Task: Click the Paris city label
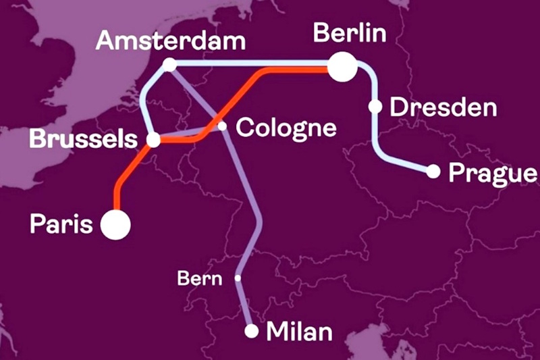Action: pos(60,224)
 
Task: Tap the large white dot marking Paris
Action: pos(115,224)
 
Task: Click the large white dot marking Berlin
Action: pos(343,67)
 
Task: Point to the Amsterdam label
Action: pos(169,40)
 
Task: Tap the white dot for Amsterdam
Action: pos(169,65)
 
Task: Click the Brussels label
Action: pos(79,140)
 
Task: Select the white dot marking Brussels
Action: pos(154,140)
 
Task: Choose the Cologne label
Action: pos(285,127)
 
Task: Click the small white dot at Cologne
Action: pos(221,126)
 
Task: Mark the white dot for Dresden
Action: pos(375,106)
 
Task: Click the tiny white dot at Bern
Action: pos(238,278)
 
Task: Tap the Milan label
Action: pos(300,332)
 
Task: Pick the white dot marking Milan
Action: pos(251,331)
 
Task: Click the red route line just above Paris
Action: pos(115,196)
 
